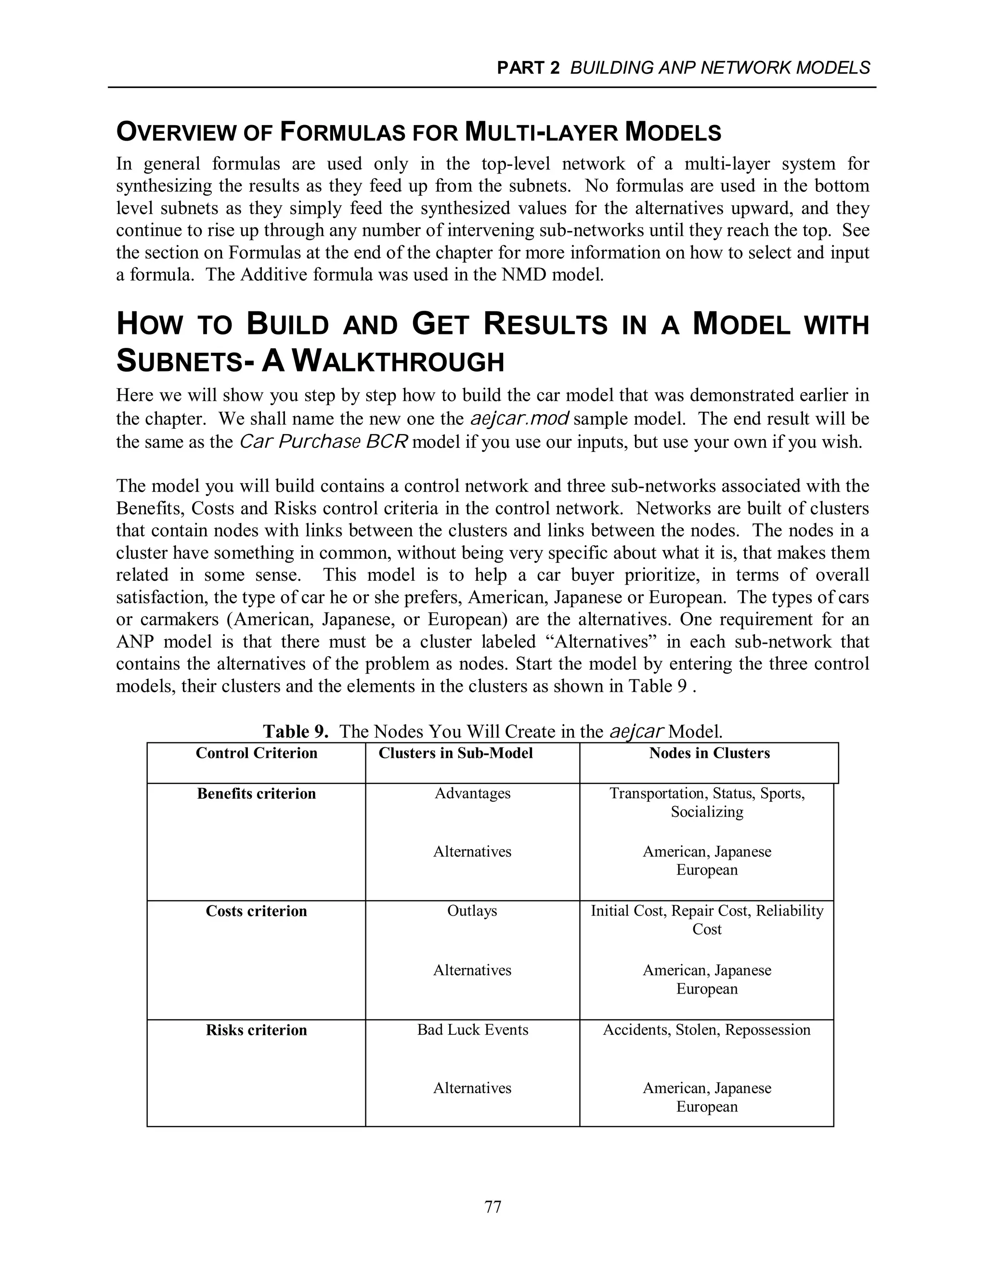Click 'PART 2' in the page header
tap(528, 68)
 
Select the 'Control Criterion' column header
tap(257, 753)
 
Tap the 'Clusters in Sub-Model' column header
tap(455, 753)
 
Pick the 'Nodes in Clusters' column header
tap(709, 753)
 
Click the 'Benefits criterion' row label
tap(257, 793)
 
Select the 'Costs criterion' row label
tap(257, 911)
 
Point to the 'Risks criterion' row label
tap(257, 1030)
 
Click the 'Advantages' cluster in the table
tap(473, 793)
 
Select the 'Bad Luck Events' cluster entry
tap(473, 1030)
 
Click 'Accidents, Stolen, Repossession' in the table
tap(707, 1030)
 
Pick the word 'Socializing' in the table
tap(707, 812)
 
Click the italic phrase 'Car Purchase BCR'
tap(324, 441)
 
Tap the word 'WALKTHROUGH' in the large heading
tap(397, 361)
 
